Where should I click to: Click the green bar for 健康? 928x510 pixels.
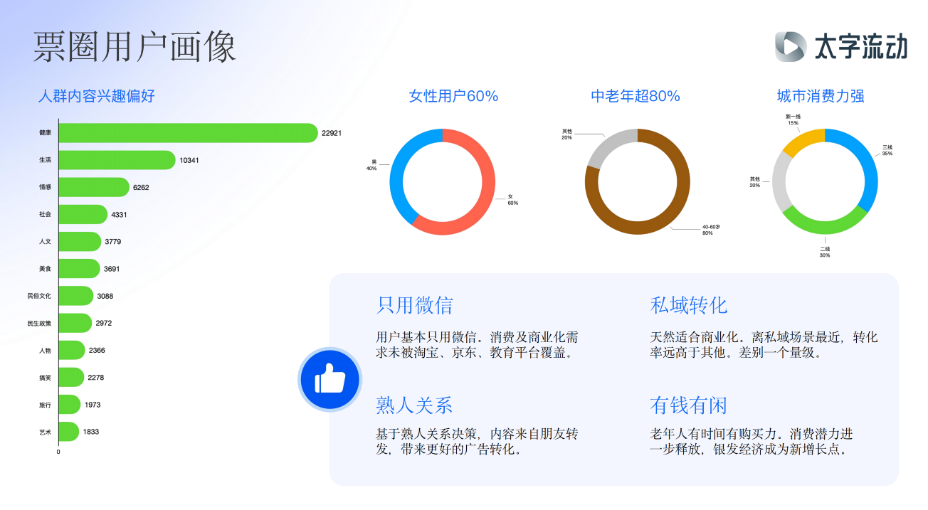[x=188, y=133]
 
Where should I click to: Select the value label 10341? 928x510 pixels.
[x=189, y=160]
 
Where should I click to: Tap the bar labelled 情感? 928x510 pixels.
[x=94, y=187]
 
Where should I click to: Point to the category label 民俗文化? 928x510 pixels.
[x=39, y=296]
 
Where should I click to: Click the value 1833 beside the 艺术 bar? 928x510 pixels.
[x=91, y=432]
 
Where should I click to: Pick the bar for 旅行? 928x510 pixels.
[x=70, y=405]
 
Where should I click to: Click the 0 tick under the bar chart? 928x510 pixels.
[x=58, y=452]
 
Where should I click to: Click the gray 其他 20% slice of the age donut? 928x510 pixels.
[x=607, y=145]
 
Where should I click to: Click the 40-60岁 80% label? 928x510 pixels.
[x=711, y=230]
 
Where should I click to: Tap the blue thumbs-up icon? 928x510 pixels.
[x=329, y=379]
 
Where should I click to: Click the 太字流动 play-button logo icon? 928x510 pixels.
[x=791, y=46]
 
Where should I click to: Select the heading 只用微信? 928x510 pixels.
[x=414, y=306]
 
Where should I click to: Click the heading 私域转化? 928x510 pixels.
[x=689, y=306]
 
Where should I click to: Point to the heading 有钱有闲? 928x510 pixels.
[x=689, y=405]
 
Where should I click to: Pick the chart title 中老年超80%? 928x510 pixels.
[x=636, y=96]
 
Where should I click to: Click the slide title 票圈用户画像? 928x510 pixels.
[x=135, y=46]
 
